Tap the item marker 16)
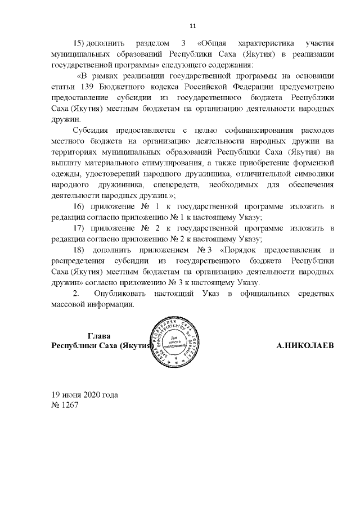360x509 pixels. pos(83,208)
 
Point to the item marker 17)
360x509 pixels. pos(83,228)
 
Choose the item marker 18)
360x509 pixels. pos(83,249)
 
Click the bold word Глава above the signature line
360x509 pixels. pos(103,336)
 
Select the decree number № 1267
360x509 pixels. pos(64,404)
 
